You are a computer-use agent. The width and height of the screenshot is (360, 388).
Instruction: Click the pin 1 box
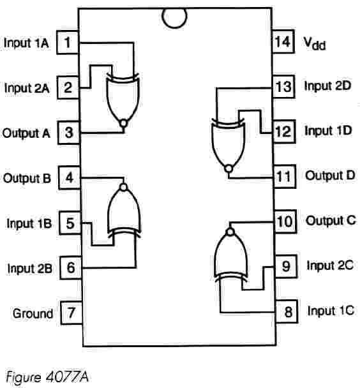click(x=68, y=42)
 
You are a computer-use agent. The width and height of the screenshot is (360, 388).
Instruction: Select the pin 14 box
click(x=283, y=41)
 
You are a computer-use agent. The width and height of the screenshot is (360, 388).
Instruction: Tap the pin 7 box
click(x=71, y=313)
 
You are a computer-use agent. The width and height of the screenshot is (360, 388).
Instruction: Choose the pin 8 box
click(x=287, y=311)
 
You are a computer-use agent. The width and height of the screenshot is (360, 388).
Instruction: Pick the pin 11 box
click(x=285, y=176)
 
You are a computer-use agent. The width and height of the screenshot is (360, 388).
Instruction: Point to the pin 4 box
click(x=70, y=178)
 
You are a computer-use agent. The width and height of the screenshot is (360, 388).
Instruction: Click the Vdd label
click(x=315, y=43)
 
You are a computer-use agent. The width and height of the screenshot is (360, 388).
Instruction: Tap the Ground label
click(x=33, y=313)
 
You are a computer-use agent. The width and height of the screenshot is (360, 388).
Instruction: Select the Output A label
click(x=26, y=133)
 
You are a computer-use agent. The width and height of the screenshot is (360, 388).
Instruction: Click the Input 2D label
click(x=327, y=86)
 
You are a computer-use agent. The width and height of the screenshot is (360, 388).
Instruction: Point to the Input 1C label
click(x=331, y=311)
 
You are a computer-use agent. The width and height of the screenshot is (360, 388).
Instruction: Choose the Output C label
click(x=331, y=220)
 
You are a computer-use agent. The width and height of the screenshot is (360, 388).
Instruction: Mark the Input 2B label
click(x=30, y=269)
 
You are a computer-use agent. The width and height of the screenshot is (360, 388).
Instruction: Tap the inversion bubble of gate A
click(x=123, y=123)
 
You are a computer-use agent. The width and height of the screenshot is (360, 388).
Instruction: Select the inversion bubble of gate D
click(x=229, y=168)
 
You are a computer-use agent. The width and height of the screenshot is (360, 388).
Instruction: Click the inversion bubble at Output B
click(x=123, y=187)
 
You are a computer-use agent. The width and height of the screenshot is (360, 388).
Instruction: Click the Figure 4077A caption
click(x=47, y=378)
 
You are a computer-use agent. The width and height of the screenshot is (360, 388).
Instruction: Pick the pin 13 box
click(x=284, y=87)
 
